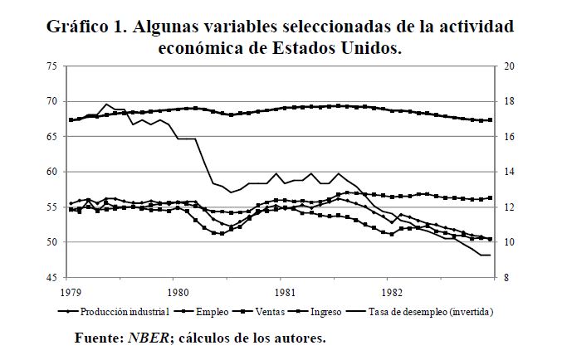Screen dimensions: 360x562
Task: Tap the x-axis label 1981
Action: pos(285,292)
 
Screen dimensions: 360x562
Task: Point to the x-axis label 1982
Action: pos(392,292)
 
